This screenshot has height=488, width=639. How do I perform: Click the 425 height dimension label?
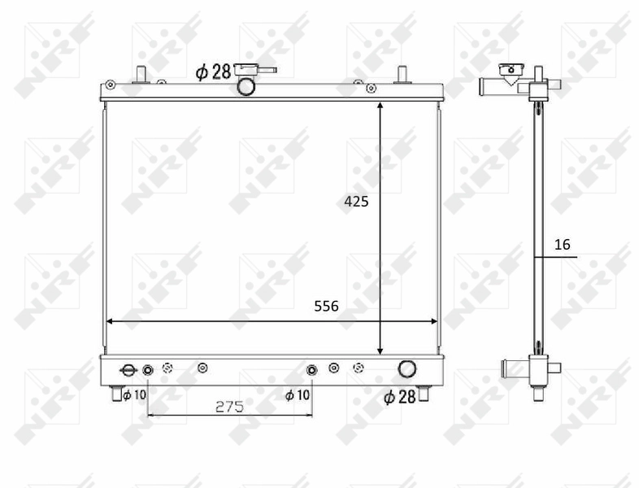coord(355,202)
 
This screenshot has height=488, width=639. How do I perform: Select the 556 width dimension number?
coord(326,307)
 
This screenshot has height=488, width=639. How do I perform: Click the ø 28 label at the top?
coord(213,72)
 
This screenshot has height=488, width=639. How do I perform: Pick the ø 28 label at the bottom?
coord(399,397)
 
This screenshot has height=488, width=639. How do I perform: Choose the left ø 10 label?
coord(134,395)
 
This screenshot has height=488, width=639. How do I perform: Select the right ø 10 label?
coord(297,395)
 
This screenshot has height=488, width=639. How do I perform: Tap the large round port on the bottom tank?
coord(406,369)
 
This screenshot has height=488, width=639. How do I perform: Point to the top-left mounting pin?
coord(140,73)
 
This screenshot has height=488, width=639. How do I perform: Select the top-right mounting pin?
coord(401,74)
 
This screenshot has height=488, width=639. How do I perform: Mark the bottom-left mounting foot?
coord(117,394)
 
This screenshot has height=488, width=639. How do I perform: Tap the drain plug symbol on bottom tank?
coord(128,371)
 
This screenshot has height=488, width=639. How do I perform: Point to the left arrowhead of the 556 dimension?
coord(111,321)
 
